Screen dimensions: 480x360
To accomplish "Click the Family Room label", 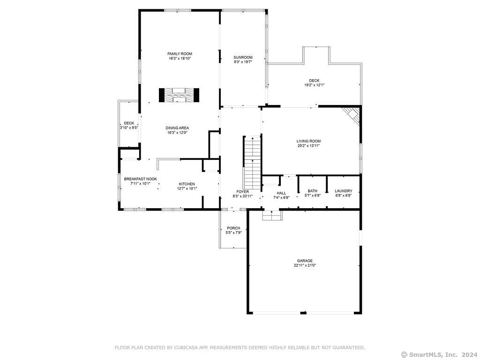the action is (180, 54).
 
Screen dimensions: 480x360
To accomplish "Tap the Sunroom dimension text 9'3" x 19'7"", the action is (243, 62).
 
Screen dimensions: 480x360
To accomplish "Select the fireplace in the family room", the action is (179, 95).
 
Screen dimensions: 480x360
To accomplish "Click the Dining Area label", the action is (177, 128).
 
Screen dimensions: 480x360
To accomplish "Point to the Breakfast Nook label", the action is (141, 179).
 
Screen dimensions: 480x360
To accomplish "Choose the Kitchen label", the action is (187, 184).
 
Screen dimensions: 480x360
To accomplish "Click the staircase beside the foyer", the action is (252, 163).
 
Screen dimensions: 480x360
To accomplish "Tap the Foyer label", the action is (242, 192).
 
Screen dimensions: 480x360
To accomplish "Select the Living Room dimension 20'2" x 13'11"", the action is (308, 146).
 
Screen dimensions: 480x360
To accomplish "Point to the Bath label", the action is (313, 191).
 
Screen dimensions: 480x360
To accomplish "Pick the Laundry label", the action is (344, 191).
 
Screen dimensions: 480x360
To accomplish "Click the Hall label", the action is (281, 193).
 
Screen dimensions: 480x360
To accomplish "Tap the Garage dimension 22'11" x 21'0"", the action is (305, 265).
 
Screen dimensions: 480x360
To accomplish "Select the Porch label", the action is (233, 228).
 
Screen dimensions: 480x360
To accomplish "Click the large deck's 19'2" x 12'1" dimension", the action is (314, 85).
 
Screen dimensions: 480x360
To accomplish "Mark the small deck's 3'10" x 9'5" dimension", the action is (129, 127).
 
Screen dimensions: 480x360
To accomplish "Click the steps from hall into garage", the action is (272, 216).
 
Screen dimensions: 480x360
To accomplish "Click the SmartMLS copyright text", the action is (439, 354).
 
